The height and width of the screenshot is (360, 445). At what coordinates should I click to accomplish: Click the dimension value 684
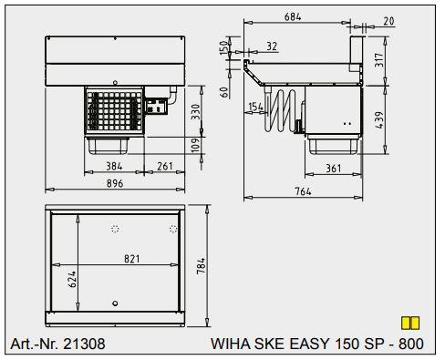tap(291, 16)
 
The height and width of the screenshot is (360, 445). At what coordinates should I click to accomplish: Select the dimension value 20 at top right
tap(388, 21)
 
